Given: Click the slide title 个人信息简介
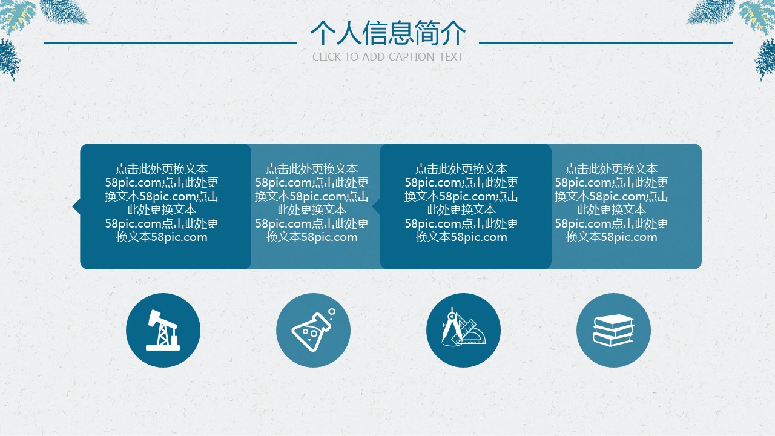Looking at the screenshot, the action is click(x=388, y=33).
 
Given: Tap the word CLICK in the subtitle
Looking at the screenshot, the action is click(x=326, y=57).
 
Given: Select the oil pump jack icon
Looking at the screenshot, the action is click(x=163, y=330).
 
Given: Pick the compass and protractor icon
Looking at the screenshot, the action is click(x=463, y=327).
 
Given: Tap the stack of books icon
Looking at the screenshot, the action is click(x=613, y=330).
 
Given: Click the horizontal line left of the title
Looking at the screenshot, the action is click(x=170, y=43).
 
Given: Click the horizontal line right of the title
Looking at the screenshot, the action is click(x=605, y=43).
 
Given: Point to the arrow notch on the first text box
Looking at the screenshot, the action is click(x=76, y=206).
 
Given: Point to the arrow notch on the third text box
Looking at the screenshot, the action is click(x=376, y=206).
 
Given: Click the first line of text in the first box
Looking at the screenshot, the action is click(x=162, y=169).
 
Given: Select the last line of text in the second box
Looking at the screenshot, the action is click(x=312, y=237).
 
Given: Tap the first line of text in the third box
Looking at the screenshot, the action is click(x=461, y=169).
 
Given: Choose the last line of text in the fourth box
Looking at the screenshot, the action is click(x=612, y=237).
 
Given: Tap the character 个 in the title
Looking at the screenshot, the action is click(x=323, y=33).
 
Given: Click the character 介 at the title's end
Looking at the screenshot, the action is click(x=453, y=33).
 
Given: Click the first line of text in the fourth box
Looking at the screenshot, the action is click(x=612, y=169).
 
